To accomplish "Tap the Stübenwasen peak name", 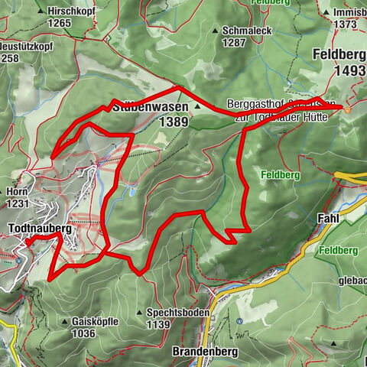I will click(x=149, y=108).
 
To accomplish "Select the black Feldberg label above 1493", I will click(x=338, y=56).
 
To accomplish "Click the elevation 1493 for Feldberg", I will click(x=346, y=70).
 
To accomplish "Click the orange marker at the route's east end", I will click(x=348, y=109).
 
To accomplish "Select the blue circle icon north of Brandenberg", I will click(x=239, y=320).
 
